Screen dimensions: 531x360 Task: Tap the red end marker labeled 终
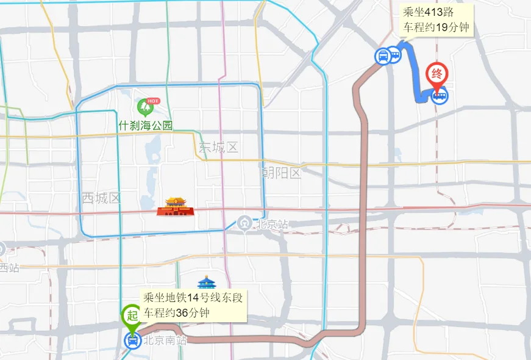(437, 74)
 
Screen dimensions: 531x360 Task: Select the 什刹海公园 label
(146, 126)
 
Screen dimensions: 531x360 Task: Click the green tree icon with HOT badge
(145, 107)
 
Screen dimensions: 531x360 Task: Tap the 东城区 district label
(218, 147)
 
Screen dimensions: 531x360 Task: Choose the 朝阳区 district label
(281, 173)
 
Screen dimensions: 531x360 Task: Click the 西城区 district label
(102, 198)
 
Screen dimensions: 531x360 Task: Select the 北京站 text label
(272, 224)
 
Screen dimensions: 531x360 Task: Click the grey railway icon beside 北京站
(245, 223)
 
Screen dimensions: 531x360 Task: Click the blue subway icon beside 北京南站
(132, 340)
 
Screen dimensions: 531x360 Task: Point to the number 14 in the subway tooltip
(193, 298)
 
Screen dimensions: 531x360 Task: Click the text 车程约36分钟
(177, 313)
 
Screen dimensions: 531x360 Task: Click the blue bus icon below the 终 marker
(439, 96)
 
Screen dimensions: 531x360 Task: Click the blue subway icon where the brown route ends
(383, 57)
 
